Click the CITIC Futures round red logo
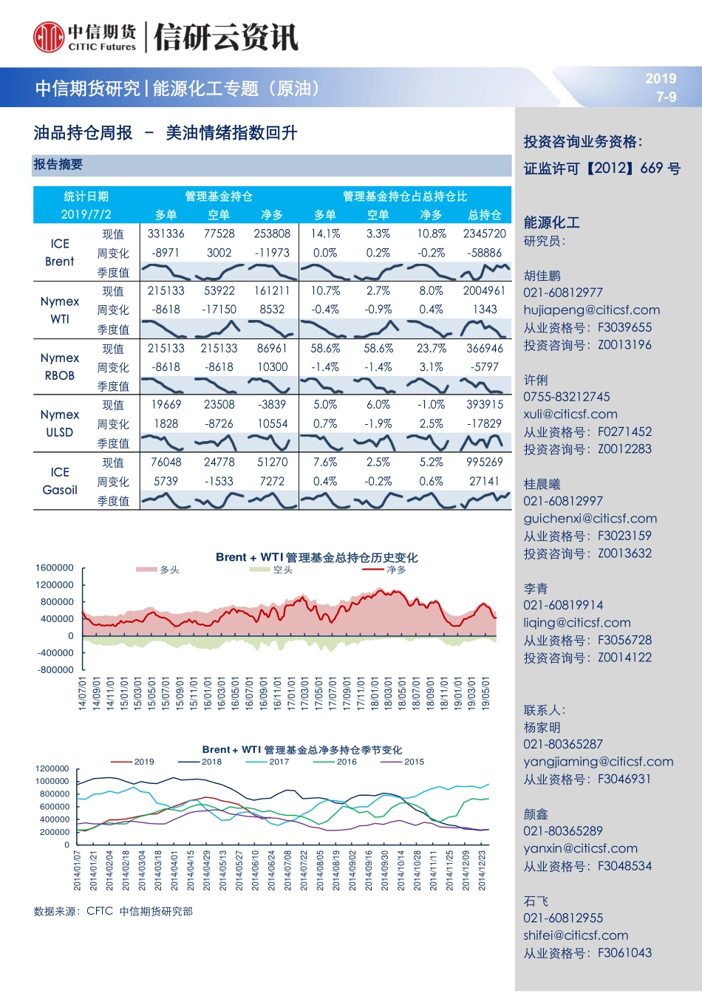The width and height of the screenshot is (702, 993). [49, 37]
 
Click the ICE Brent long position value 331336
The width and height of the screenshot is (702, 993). [166, 233]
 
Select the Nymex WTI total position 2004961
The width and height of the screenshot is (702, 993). [485, 291]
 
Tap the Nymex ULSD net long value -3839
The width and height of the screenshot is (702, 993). [272, 405]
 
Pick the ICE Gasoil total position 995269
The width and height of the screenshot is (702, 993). [485, 463]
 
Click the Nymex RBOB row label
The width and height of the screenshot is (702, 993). [60, 366]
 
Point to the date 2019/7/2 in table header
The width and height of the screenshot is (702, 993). [86, 214]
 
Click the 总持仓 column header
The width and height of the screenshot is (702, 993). [485, 214]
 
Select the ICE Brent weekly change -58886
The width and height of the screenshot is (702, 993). [485, 253]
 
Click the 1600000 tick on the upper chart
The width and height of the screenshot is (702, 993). [55, 568]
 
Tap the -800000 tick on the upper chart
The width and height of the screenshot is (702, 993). [55, 670]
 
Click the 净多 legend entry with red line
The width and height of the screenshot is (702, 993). [385, 570]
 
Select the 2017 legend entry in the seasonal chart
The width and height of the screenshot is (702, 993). [269, 762]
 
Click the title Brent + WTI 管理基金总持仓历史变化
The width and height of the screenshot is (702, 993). [316, 557]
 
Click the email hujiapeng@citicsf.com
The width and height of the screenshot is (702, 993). [591, 310]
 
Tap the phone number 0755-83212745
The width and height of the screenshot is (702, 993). [567, 397]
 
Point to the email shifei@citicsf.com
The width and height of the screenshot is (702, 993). [576, 935]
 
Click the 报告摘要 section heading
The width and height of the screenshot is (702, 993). [58, 165]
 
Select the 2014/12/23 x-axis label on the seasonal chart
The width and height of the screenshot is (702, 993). [483, 870]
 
